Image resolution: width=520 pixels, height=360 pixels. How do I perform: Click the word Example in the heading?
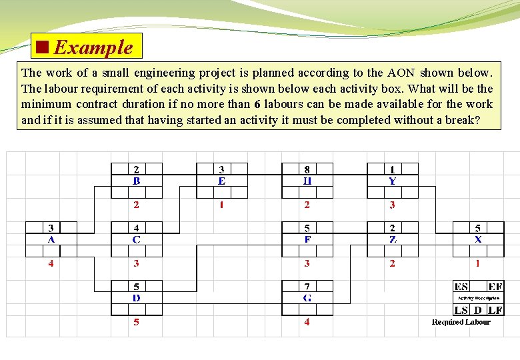(x=93, y=47)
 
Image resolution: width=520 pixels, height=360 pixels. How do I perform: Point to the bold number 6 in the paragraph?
(x=257, y=104)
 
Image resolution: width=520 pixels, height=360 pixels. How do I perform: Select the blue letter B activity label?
(x=136, y=180)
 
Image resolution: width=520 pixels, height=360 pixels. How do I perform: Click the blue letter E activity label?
(x=221, y=180)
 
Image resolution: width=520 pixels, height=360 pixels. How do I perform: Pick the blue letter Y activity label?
(x=392, y=180)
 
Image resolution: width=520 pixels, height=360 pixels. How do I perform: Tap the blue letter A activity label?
(x=51, y=239)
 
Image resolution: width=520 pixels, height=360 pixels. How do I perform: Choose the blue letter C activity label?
(x=136, y=239)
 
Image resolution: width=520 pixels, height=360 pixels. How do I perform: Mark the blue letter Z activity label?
(x=392, y=239)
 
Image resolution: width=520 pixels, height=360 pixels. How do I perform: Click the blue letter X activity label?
(x=478, y=239)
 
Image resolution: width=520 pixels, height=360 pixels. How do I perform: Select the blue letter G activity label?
(x=307, y=297)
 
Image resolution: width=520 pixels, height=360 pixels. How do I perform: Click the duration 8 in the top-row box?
(x=307, y=169)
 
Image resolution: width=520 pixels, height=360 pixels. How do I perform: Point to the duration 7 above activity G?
(x=307, y=287)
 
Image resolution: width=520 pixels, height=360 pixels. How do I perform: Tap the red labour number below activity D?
(x=136, y=322)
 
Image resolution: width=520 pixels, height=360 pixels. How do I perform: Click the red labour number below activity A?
(x=51, y=263)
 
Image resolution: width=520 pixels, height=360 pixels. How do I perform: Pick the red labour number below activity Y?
(x=392, y=205)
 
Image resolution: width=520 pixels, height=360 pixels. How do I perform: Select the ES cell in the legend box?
(x=461, y=287)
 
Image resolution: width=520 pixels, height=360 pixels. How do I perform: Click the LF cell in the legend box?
(x=495, y=310)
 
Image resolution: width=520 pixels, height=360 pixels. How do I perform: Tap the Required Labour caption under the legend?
(x=461, y=322)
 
